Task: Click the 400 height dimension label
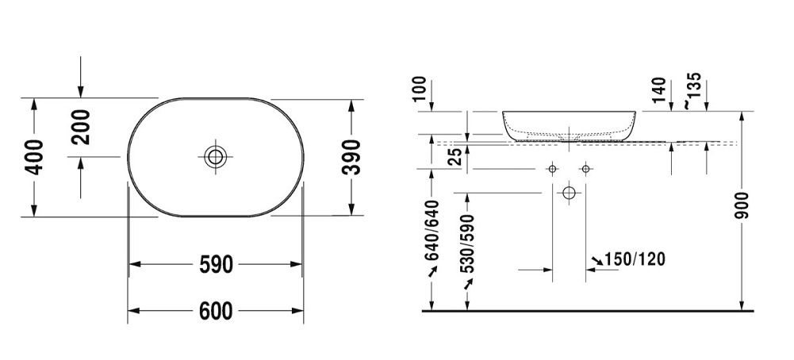[33, 157]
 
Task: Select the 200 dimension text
[82, 127]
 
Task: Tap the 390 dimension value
[351, 157]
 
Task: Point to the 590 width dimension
[216, 264]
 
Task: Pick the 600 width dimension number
[216, 312]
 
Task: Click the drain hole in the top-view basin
[215, 156]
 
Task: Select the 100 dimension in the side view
[420, 90]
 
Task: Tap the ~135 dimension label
[692, 90]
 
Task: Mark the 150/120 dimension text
[635, 259]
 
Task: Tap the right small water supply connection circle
[585, 169]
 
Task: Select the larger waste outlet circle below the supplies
[568, 193]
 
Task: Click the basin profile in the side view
[569, 124]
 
